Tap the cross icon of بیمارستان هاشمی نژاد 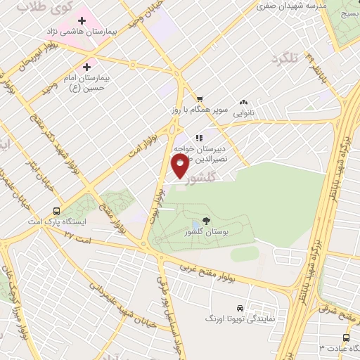pos(82,20)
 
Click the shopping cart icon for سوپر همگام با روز pos(200,98)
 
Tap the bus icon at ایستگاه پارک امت pos(56,210)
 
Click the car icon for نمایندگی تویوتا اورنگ pos(240,309)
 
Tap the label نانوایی pos(243,112)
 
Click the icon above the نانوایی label pos(244,101)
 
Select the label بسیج pos(347,13)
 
